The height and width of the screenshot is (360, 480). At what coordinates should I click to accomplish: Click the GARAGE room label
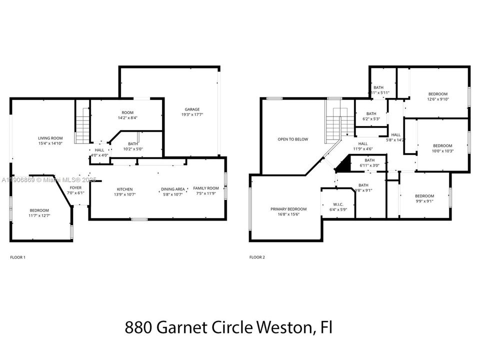click(x=192, y=109)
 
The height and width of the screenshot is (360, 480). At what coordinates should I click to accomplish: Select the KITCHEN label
click(x=124, y=189)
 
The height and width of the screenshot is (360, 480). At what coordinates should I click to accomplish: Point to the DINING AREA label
click(x=173, y=189)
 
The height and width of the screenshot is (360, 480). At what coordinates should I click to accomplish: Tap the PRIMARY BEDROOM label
click(x=288, y=209)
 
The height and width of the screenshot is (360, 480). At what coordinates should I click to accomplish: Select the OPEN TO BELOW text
click(x=293, y=139)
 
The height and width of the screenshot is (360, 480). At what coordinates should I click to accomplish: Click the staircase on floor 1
click(x=82, y=128)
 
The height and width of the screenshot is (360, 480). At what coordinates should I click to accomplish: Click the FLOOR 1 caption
click(x=17, y=257)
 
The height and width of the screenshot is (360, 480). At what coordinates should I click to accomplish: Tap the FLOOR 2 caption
click(x=257, y=257)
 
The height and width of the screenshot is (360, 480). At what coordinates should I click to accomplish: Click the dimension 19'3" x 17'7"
click(x=192, y=114)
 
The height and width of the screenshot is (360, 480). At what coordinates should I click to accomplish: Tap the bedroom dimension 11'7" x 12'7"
click(x=39, y=215)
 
